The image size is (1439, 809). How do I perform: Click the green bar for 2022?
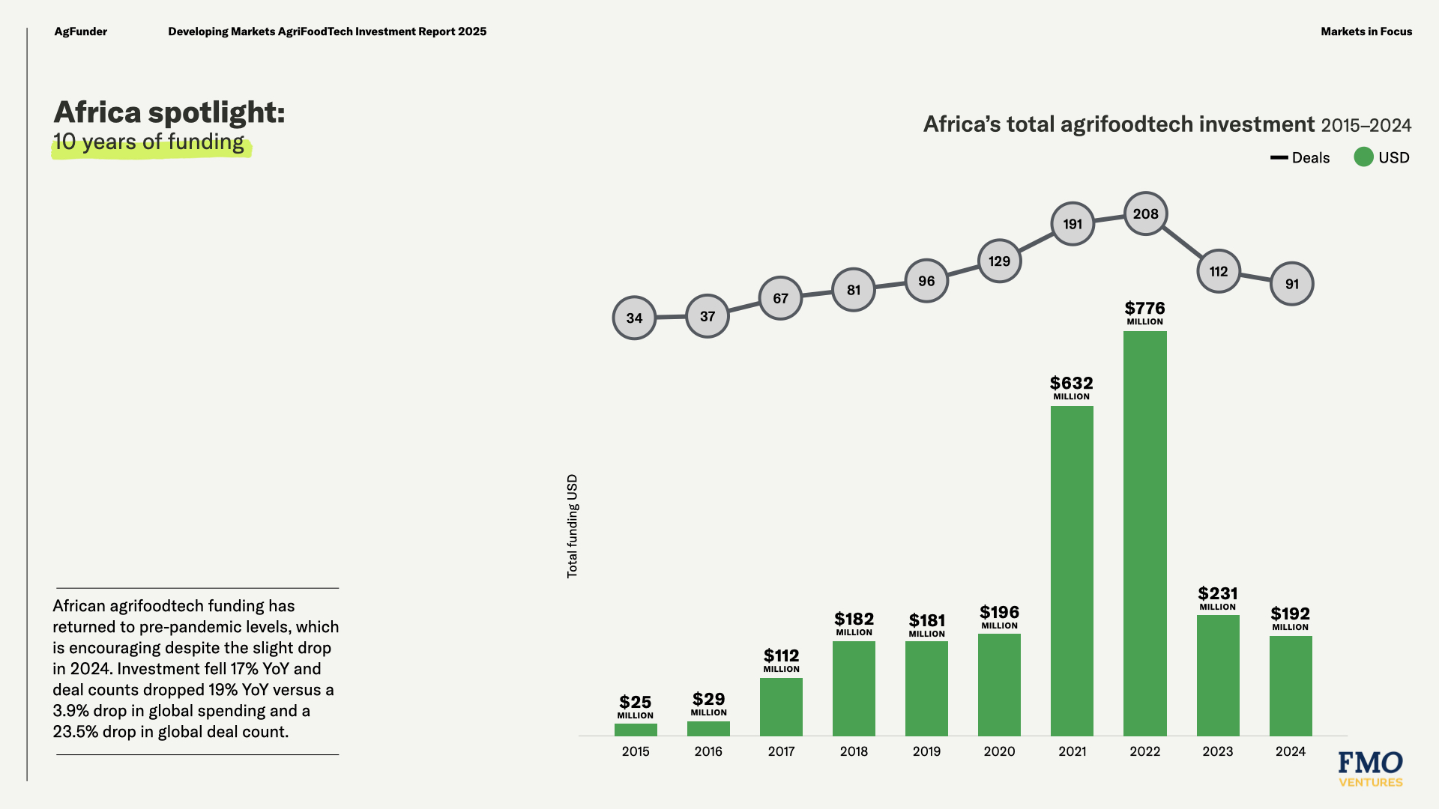click(x=1144, y=533)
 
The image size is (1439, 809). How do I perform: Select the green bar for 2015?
click(x=636, y=730)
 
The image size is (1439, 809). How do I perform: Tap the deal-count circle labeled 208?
click(x=1145, y=214)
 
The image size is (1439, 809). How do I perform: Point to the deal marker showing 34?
click(x=634, y=318)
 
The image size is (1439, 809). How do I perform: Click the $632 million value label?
click(x=1071, y=387)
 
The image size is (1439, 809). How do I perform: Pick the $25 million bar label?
click(x=635, y=706)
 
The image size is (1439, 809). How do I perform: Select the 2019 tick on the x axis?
click(x=926, y=751)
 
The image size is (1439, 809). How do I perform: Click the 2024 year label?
click(x=1290, y=751)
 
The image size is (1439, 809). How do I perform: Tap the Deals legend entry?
click(x=1300, y=158)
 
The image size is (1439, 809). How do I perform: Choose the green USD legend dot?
click(x=1363, y=157)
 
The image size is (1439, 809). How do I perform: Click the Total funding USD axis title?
click(x=573, y=526)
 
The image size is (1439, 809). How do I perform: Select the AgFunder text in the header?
click(x=80, y=31)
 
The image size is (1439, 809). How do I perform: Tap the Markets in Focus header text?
click(x=1366, y=31)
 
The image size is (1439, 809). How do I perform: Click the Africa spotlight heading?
click(x=169, y=112)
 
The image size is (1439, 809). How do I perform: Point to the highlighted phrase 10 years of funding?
click(x=149, y=142)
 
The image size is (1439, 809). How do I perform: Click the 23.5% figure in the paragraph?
click(x=76, y=732)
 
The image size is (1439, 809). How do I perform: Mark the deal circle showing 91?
click(x=1291, y=284)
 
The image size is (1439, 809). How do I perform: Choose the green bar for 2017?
click(x=781, y=706)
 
